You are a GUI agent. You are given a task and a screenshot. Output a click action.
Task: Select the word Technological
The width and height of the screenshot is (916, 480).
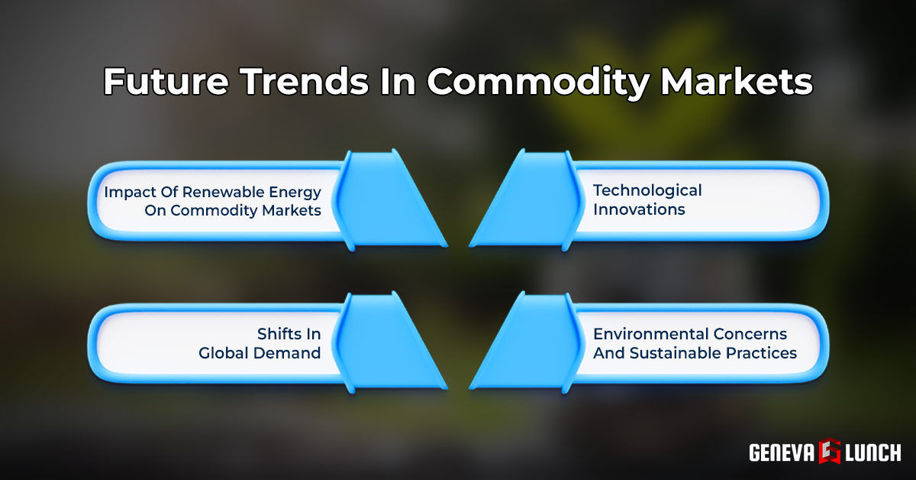pyautogui.click(x=647, y=190)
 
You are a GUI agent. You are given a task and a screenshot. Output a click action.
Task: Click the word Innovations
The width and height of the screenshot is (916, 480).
pyautogui.click(x=639, y=209)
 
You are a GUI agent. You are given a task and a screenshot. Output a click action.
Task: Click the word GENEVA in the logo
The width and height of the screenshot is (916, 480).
pyautogui.click(x=782, y=452)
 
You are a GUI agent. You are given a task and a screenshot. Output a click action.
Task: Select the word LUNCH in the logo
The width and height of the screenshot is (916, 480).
pyautogui.click(x=873, y=452)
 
